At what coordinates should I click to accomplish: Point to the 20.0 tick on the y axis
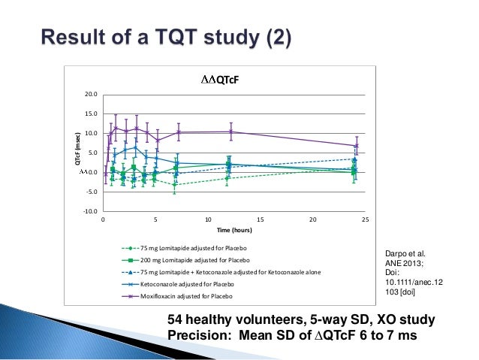89,95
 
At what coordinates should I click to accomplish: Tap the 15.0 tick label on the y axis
89,114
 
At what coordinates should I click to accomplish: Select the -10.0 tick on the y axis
89,211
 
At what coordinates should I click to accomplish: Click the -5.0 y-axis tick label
89,192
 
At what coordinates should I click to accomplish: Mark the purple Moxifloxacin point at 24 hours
355,146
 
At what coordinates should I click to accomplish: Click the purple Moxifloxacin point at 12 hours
230,132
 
